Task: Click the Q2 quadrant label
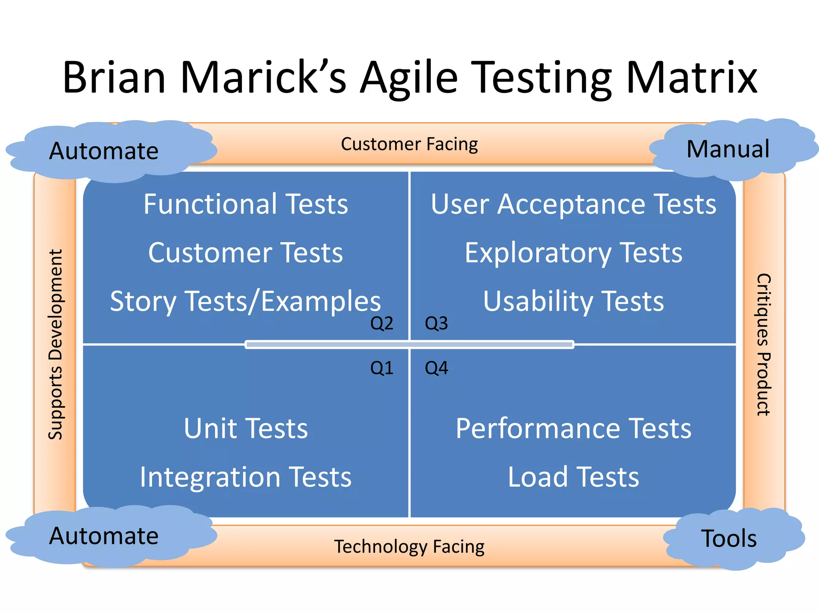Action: coord(382,323)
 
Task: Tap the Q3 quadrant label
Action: coord(436,323)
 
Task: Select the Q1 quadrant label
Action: coord(382,368)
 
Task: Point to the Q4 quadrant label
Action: coord(436,368)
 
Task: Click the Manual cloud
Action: coord(728,149)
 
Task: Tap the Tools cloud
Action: coord(729,538)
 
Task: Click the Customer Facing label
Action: coord(409,144)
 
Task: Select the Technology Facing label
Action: coord(409,546)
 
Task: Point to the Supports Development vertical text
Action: coord(56,345)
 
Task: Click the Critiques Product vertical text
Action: coord(763,345)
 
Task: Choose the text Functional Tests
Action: coord(246,204)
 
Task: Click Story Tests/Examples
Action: coord(245,301)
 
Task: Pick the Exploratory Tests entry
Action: coord(573,253)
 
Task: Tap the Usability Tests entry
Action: coord(573,301)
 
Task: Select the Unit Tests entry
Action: coord(246,429)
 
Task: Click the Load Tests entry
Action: coord(573,477)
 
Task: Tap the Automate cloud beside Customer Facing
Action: coord(104,151)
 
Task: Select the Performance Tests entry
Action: coord(573,429)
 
